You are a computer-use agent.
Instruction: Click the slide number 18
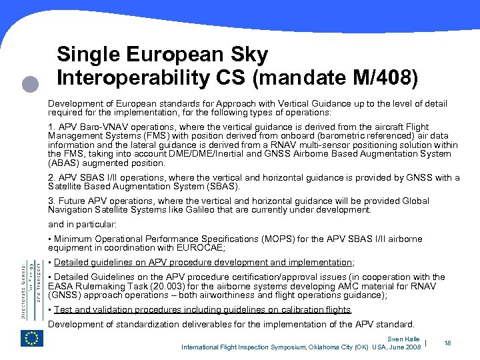(x=447, y=343)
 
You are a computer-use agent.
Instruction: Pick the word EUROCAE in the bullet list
(x=201, y=247)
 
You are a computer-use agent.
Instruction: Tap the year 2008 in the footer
(x=414, y=347)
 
